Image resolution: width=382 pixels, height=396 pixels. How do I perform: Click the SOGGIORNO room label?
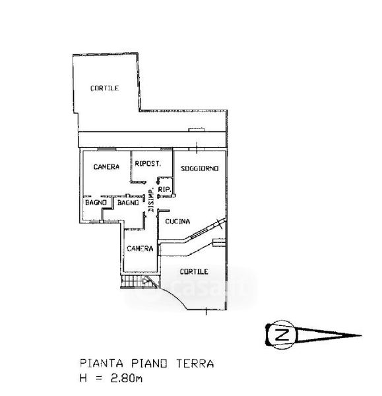tap(199, 168)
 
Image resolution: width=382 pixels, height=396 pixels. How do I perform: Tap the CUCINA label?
tap(177, 222)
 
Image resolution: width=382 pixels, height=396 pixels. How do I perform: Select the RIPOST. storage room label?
tap(148, 164)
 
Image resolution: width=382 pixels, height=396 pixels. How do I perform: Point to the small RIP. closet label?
tap(165, 189)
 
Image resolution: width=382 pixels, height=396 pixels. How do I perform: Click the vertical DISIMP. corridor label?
tap(151, 200)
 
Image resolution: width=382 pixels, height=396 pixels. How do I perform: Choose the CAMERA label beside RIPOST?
tap(106, 167)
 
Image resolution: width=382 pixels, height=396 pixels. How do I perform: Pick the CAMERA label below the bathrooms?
tap(140, 249)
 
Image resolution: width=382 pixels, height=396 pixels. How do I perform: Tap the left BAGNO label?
tap(96, 203)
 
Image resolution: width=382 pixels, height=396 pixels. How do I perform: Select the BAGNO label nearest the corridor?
tap(128, 203)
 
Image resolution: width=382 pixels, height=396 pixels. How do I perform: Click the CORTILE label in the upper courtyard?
tap(104, 88)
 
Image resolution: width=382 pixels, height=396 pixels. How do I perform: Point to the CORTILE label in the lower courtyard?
tap(194, 271)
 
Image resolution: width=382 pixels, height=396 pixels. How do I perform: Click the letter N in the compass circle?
tap(282, 335)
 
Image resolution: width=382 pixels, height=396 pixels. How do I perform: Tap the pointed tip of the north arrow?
tap(361, 336)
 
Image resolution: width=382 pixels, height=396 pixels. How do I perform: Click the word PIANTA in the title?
tap(102, 364)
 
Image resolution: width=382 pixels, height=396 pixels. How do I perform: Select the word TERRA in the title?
tap(195, 364)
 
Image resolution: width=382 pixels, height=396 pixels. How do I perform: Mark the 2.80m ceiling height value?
tap(126, 378)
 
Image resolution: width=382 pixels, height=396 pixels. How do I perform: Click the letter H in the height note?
tap(83, 378)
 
